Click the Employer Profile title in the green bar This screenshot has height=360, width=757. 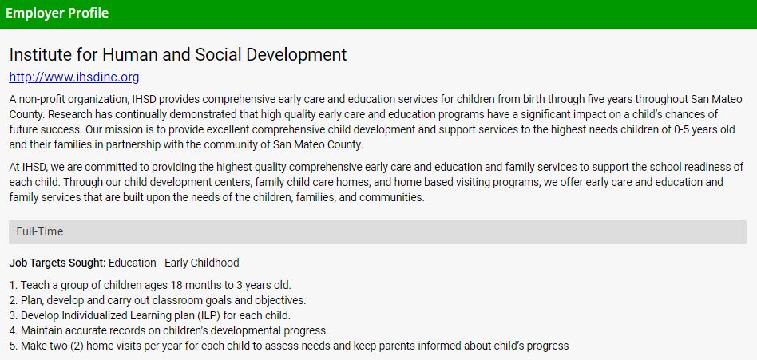(x=57, y=14)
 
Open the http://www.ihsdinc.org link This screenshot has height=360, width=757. (x=74, y=77)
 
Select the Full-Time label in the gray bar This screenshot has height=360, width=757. (x=40, y=231)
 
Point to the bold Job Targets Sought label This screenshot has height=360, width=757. (x=57, y=263)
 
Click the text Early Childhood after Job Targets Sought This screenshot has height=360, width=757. (x=202, y=263)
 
